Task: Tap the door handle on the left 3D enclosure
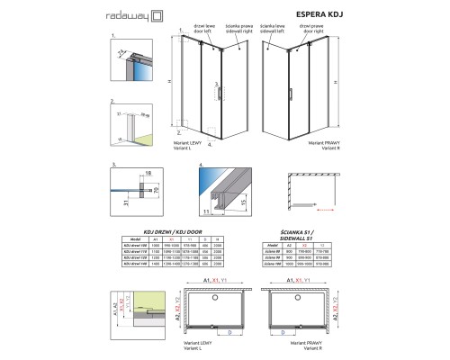(216, 90)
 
